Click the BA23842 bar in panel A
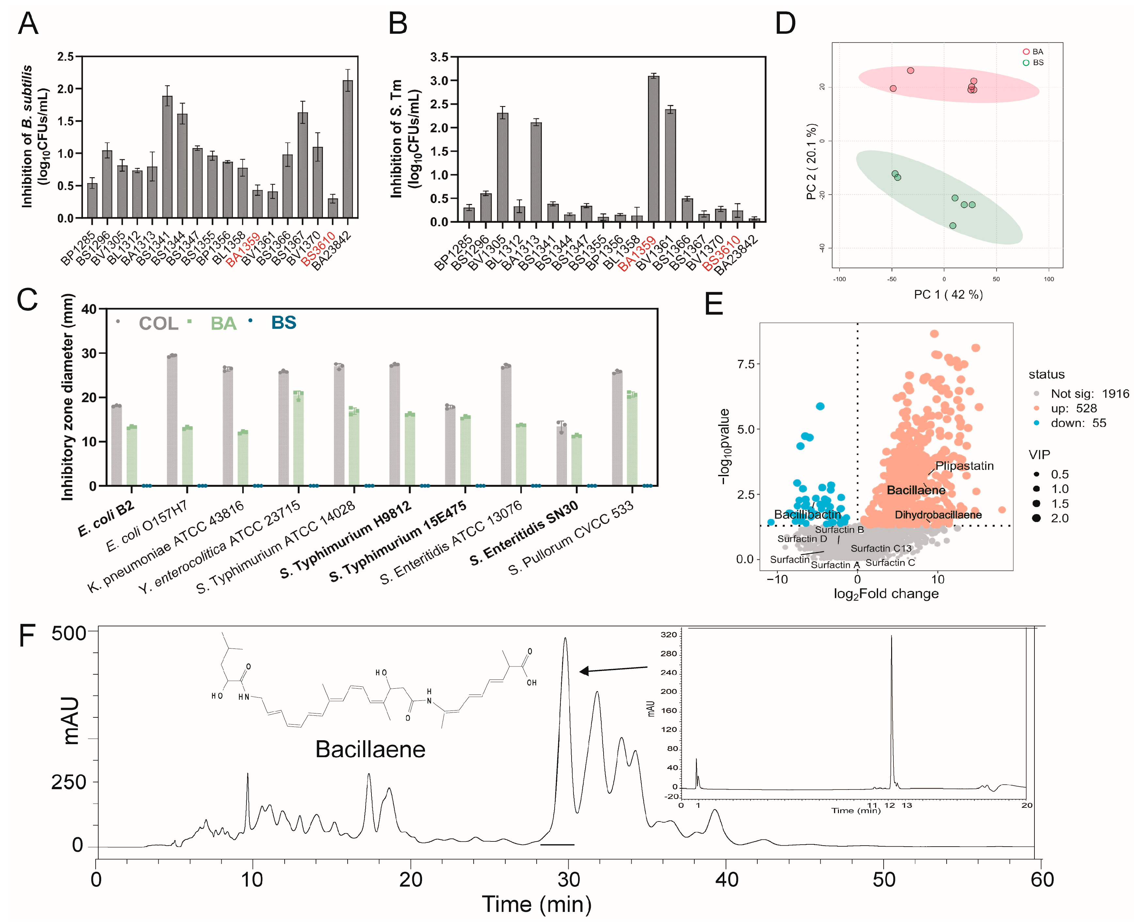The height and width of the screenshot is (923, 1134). (x=348, y=149)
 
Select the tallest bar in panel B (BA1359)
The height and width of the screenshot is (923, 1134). (x=654, y=149)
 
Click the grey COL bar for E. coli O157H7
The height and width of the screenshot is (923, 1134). (x=172, y=420)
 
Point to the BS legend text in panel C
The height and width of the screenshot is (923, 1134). (x=283, y=323)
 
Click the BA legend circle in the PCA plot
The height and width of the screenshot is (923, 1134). (x=1026, y=52)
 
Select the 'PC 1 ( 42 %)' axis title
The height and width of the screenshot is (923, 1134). (x=948, y=294)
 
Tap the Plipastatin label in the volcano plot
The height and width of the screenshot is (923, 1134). (x=964, y=466)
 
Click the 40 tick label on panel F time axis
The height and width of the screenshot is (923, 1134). (x=726, y=880)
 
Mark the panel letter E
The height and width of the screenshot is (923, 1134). (x=714, y=305)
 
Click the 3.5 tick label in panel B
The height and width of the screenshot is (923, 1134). (x=439, y=57)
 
